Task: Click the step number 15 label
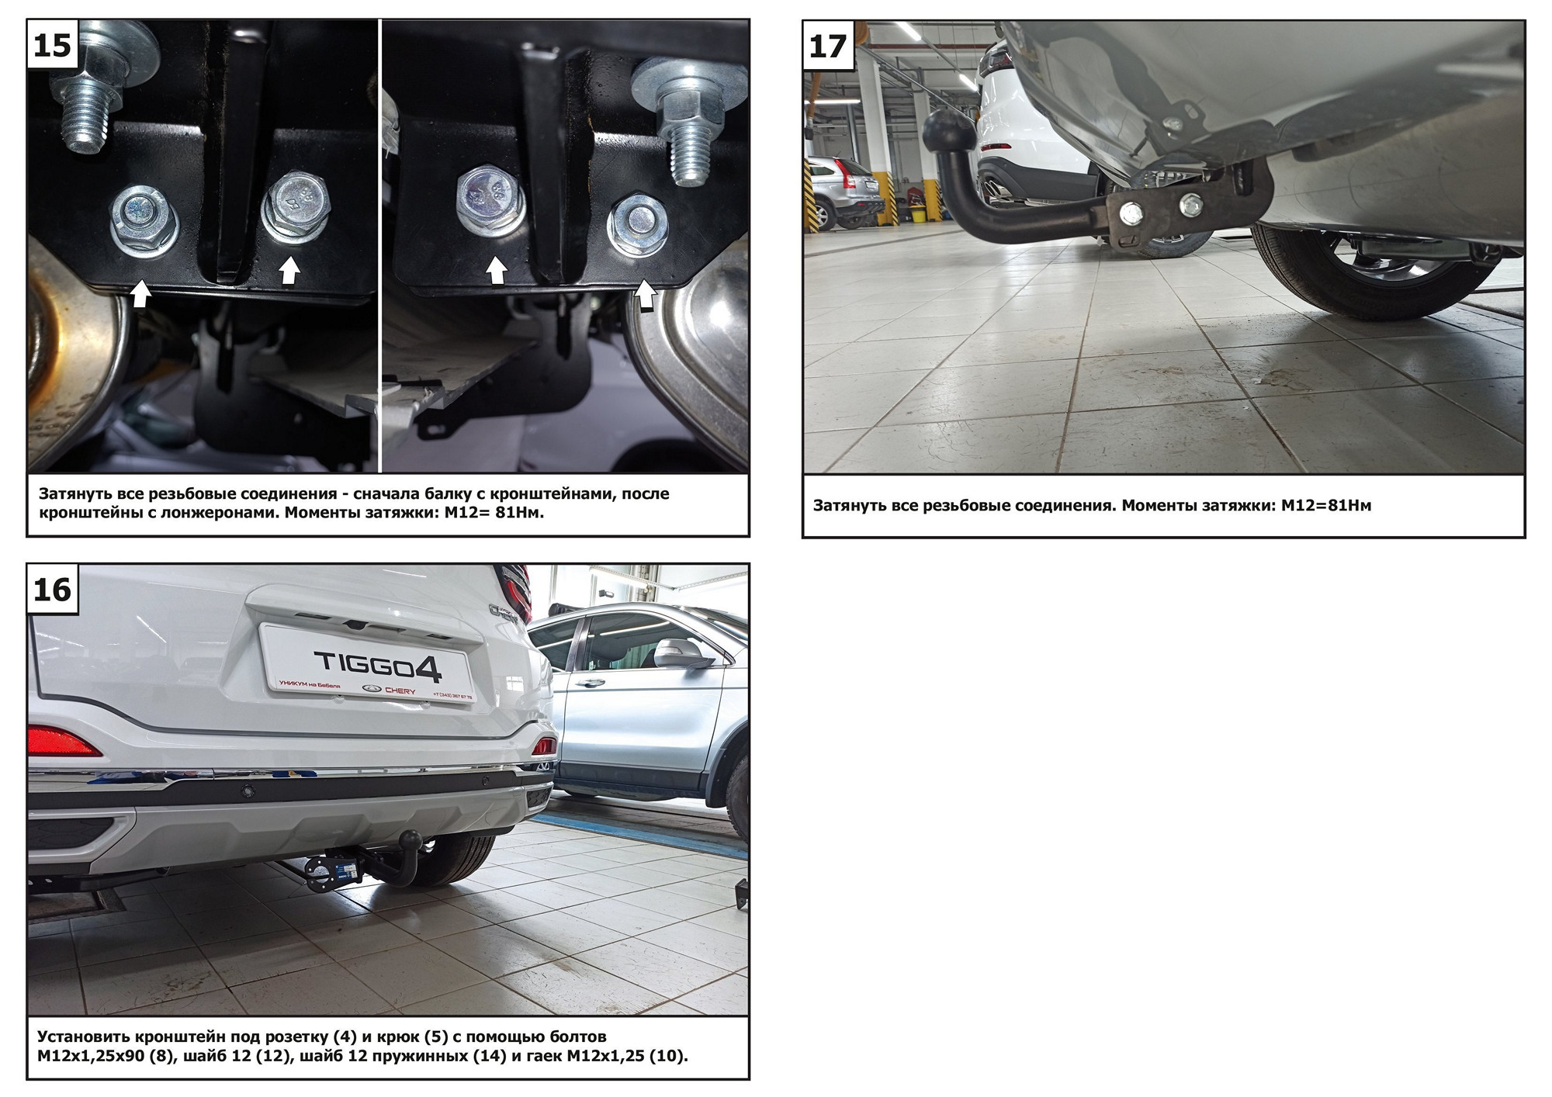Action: click(53, 45)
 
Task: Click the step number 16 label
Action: click(53, 590)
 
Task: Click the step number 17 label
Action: click(828, 47)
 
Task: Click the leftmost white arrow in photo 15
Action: click(140, 293)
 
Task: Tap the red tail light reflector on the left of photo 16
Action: click(62, 742)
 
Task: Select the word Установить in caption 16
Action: click(84, 1037)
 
